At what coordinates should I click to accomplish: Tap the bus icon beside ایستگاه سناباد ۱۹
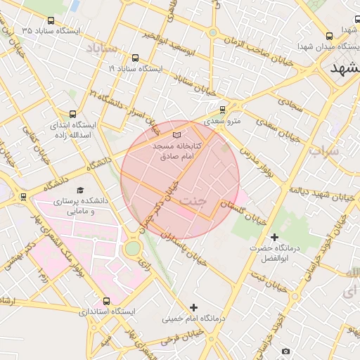pos(135,59)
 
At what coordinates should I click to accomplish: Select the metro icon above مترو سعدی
pos(223,110)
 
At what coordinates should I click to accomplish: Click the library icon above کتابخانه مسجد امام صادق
pos(176,134)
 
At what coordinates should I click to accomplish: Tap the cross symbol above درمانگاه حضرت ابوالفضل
pos(274,237)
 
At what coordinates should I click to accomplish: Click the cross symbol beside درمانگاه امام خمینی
pos(194,307)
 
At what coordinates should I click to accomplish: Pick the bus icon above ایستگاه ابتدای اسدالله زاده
pos(73,114)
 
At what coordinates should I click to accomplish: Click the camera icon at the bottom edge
pos(285,351)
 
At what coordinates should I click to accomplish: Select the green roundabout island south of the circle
pos(132,248)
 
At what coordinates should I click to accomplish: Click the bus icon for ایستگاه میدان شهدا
pos(330,37)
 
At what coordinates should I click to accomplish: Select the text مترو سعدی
pos(224,121)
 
